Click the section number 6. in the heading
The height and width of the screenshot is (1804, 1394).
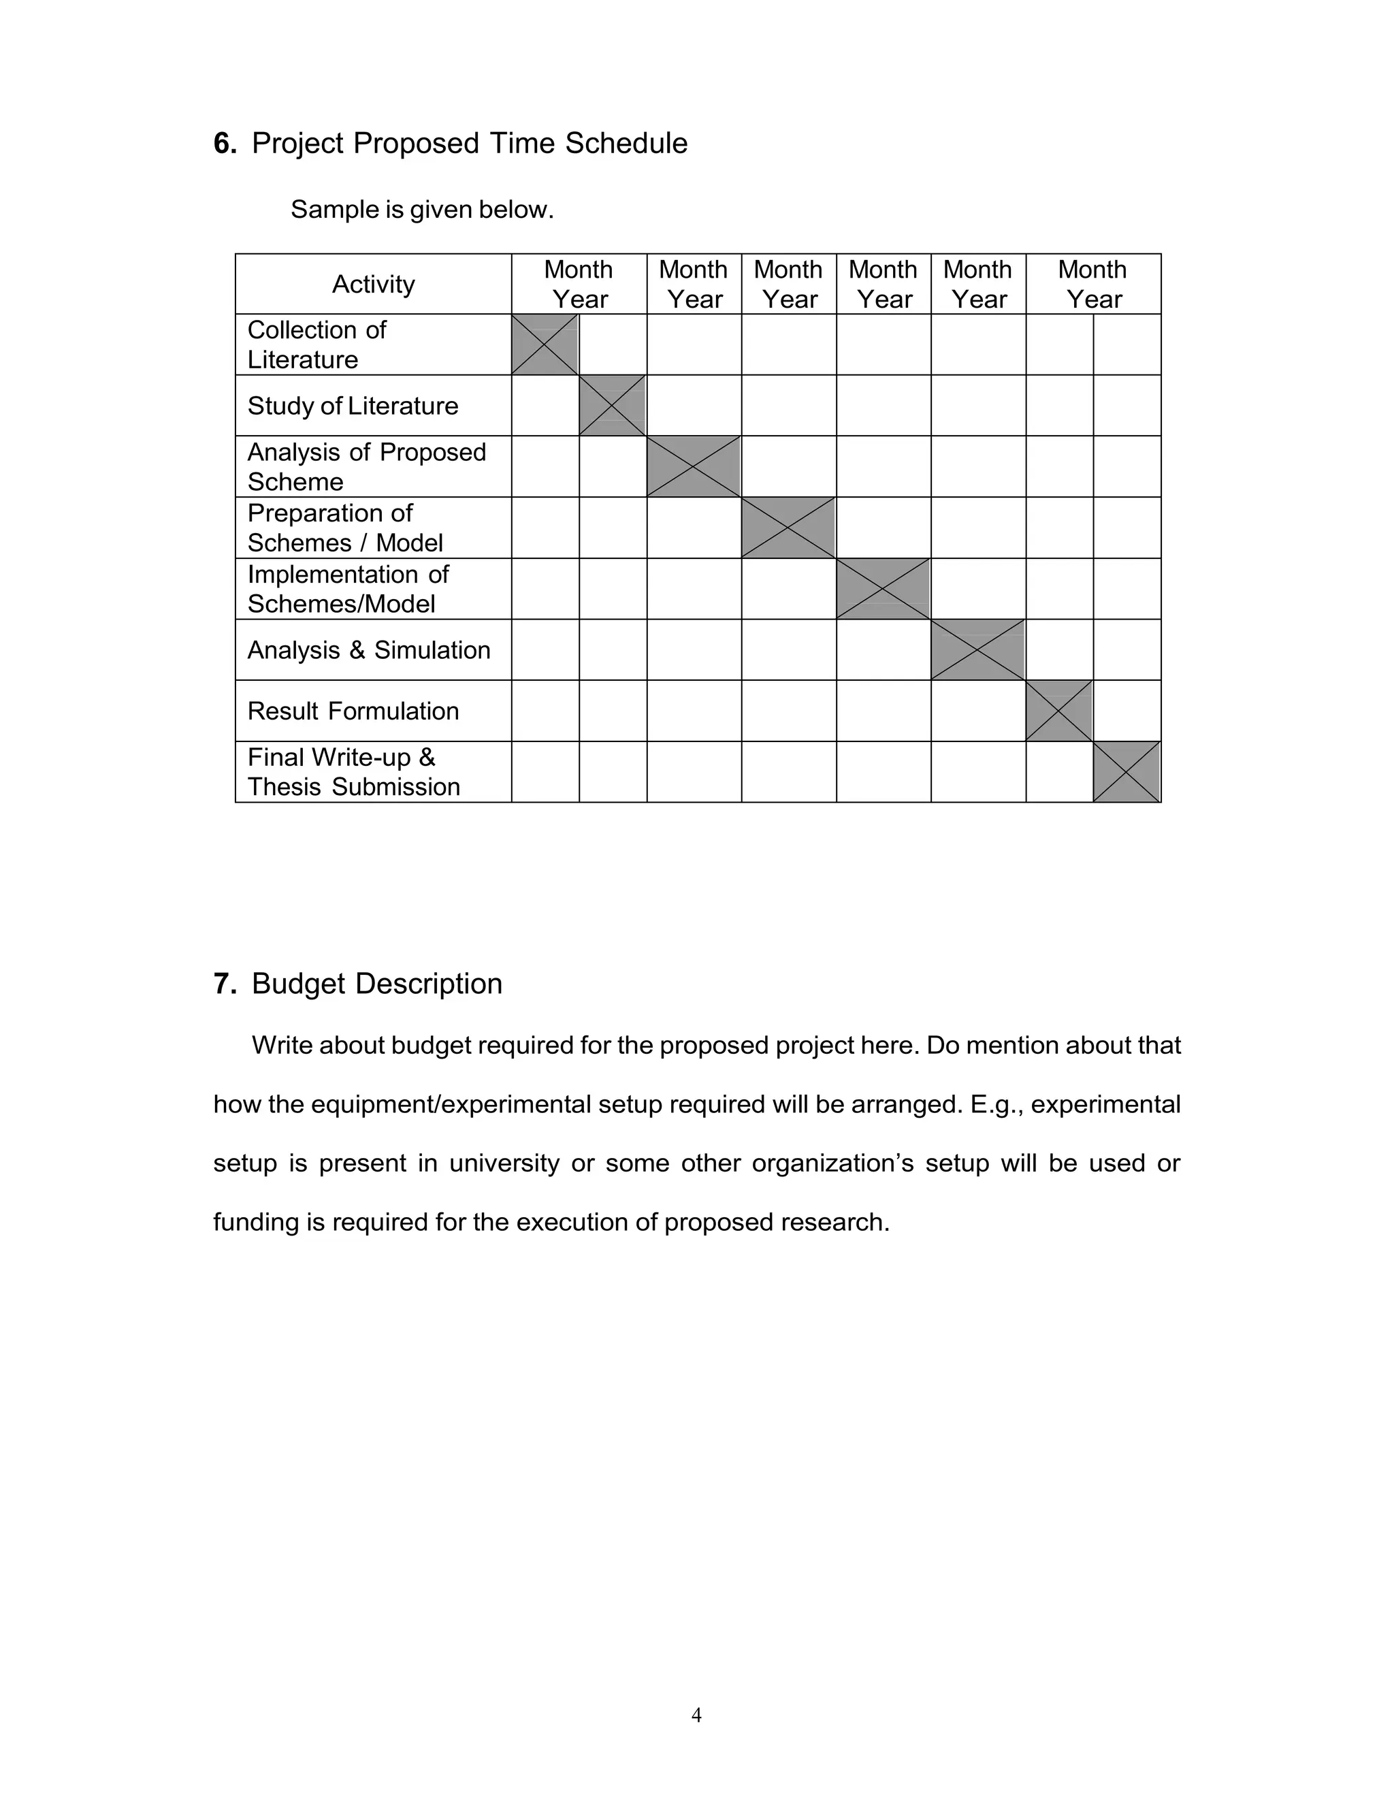[225, 144]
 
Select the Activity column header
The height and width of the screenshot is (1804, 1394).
[373, 284]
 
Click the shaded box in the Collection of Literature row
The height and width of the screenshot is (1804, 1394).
[545, 344]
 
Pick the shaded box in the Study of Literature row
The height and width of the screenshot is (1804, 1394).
[613, 406]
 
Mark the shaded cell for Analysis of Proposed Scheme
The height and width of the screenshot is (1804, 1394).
[694, 467]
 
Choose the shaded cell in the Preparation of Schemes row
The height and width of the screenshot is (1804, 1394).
[789, 528]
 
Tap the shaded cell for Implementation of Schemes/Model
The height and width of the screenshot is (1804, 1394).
[884, 589]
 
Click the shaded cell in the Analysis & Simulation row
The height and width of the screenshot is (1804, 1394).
[978, 650]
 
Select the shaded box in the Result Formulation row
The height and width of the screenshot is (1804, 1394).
[1060, 711]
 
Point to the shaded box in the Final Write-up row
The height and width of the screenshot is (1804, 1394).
[1127, 773]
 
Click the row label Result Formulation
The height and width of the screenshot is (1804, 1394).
[353, 711]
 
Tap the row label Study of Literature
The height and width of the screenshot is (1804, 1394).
[353, 406]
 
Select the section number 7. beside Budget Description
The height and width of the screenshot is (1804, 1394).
[225, 984]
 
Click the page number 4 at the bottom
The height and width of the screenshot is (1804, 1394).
[696, 1716]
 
